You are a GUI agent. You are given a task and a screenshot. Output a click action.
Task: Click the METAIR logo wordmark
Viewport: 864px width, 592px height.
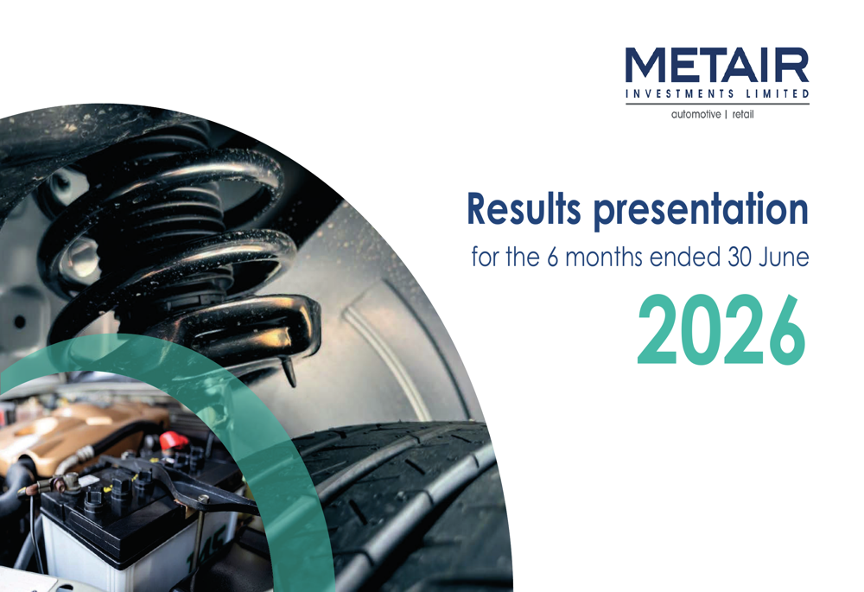[717, 66]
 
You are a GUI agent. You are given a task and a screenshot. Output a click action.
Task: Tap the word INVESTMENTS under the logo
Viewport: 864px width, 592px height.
[680, 93]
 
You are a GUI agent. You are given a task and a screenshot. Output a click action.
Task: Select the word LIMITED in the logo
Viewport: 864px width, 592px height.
[778, 93]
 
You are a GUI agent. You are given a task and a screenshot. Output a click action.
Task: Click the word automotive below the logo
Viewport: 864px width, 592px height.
[696, 115]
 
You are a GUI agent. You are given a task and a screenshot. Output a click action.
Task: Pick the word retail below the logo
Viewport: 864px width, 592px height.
[743, 115]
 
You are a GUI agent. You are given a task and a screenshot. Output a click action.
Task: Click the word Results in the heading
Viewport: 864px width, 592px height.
[524, 209]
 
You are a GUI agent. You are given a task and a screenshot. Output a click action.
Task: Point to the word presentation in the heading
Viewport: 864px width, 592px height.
[701, 211]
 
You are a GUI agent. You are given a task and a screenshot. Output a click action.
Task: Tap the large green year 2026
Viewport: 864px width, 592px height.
[721, 329]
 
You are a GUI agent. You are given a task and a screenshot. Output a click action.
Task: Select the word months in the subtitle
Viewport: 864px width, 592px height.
[605, 258]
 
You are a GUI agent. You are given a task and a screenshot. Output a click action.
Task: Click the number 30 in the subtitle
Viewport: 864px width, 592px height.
[740, 258]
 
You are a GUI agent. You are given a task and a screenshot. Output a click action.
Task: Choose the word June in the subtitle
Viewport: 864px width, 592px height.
[785, 258]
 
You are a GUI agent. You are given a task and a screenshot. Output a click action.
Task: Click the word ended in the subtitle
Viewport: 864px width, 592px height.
[685, 258]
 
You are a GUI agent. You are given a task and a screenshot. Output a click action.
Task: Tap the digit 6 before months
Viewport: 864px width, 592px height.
[553, 258]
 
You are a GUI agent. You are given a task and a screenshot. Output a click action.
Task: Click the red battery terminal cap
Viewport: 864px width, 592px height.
[173, 441]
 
